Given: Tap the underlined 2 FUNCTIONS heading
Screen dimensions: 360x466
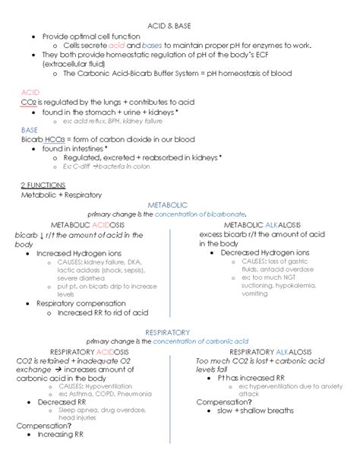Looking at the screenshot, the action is coord(44,185).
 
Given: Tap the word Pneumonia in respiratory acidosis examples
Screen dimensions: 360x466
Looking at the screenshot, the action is coord(133,394).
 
